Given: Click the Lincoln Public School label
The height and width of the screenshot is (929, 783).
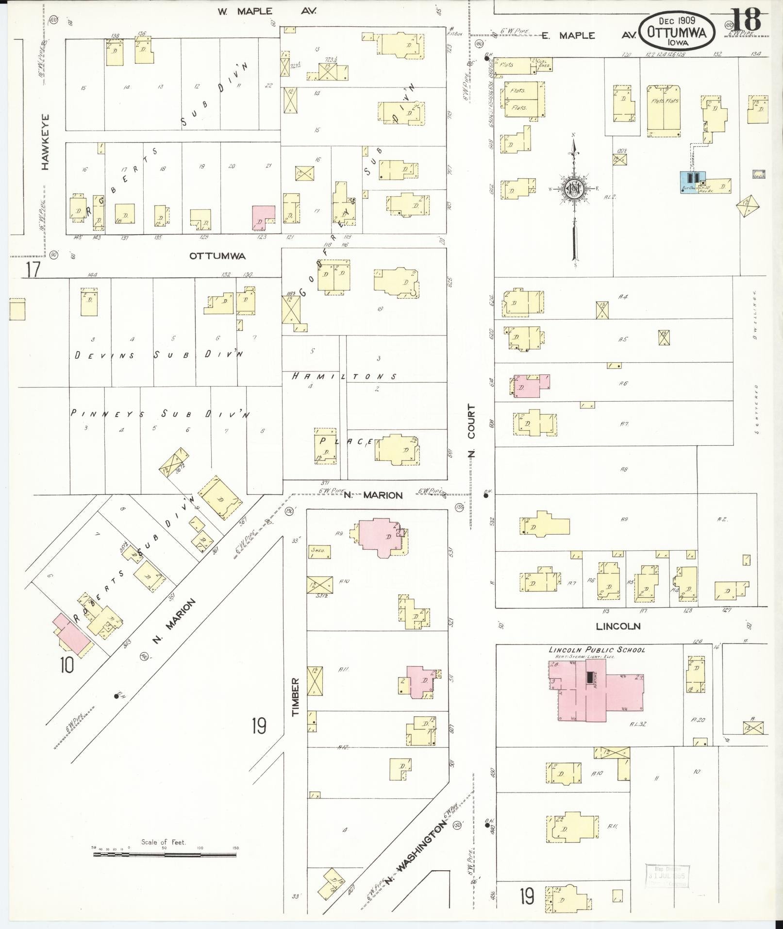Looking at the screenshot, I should [597, 650].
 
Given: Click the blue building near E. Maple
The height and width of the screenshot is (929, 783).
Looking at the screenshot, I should [691, 181].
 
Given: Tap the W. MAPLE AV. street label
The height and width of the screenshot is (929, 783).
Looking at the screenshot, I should [267, 11].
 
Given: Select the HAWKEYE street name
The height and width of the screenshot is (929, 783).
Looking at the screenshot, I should [45, 142].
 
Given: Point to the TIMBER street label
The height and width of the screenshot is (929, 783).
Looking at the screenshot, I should [296, 697].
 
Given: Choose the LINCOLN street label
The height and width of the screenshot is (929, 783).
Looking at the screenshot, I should [618, 626].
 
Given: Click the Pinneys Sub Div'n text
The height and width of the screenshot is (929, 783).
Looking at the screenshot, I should [160, 414].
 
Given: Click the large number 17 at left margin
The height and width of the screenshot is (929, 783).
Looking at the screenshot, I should [33, 269].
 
